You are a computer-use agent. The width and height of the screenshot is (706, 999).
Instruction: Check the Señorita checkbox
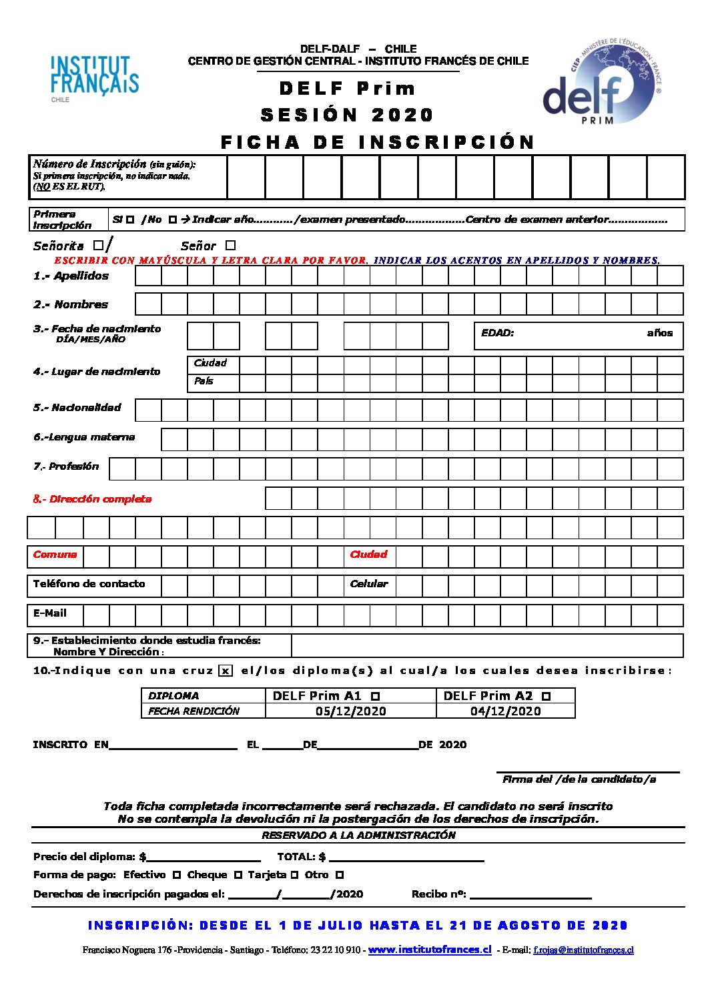98,246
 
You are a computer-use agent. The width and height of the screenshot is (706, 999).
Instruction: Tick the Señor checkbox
230,246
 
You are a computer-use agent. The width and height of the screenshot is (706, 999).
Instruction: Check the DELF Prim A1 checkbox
375,697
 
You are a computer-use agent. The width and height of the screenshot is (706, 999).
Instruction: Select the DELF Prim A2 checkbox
546,697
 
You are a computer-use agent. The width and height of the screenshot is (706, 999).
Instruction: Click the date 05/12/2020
350,711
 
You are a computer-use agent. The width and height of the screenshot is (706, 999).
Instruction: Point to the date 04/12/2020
505,711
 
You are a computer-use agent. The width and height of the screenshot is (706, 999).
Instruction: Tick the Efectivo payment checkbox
176,875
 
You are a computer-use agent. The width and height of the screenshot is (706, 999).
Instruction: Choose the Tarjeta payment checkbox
294,875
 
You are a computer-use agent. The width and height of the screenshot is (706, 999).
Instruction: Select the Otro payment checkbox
339,875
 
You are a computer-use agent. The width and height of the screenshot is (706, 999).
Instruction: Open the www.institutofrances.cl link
429,950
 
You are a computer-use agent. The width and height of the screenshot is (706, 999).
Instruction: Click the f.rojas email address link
583,950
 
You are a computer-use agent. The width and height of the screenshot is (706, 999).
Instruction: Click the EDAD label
497,333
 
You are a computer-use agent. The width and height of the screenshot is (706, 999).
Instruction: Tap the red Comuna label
55,555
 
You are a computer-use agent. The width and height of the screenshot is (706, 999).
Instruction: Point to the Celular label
368,584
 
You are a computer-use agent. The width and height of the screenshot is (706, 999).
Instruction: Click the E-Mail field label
50,613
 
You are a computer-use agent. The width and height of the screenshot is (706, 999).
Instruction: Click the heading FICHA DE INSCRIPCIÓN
377,142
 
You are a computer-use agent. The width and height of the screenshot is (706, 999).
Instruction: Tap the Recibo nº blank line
531,896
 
